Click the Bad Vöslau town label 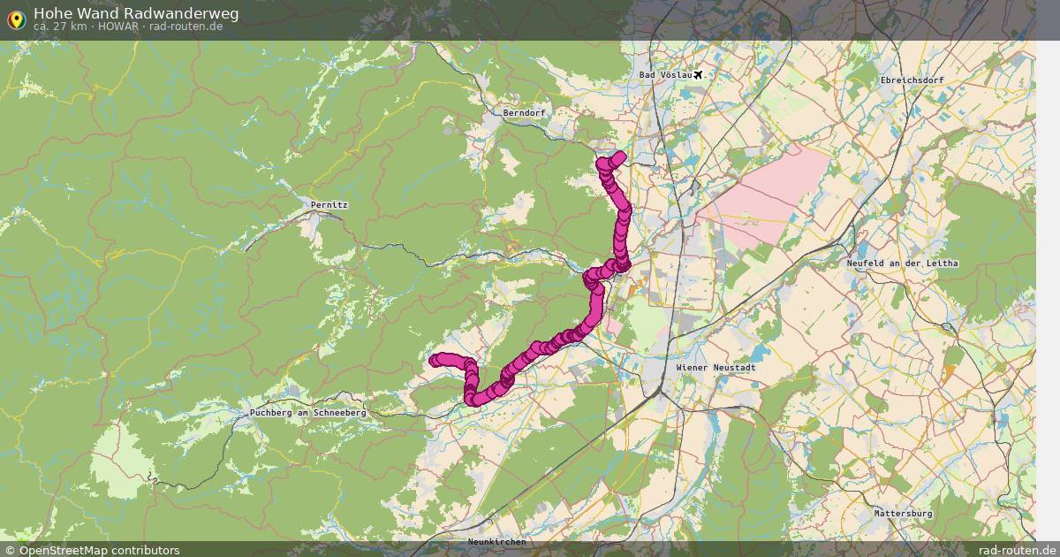point(665,75)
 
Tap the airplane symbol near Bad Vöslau point(700,74)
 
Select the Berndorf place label point(524,113)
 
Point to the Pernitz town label point(329,204)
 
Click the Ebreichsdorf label point(912,80)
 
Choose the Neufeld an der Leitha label point(902,263)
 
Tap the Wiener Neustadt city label point(715,367)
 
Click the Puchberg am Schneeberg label point(307,413)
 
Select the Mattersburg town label point(903,513)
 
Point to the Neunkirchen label point(496,541)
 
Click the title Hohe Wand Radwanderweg point(135,13)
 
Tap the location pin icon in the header point(16,19)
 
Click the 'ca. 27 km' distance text point(59,27)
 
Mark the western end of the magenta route point(434,359)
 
